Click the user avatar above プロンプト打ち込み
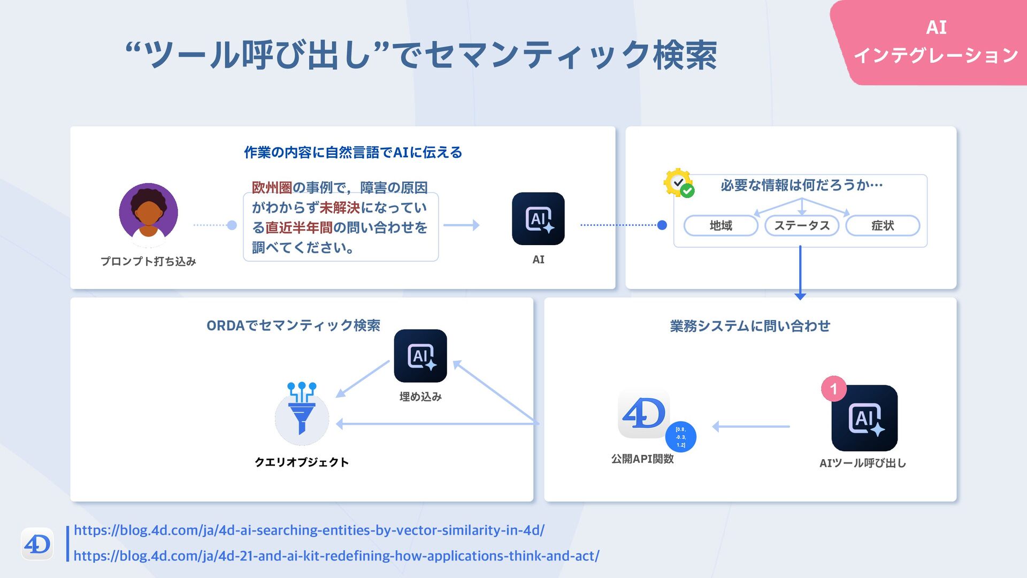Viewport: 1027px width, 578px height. tap(148, 212)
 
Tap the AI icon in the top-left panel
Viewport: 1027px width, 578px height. tap(538, 219)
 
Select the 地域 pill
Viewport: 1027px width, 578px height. tap(721, 226)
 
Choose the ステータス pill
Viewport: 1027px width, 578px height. tap(801, 226)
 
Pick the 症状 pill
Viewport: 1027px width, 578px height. tap(883, 226)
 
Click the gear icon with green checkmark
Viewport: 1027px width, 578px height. tap(678, 183)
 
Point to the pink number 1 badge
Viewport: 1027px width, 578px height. tap(833, 389)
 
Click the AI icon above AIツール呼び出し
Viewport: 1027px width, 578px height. tap(864, 418)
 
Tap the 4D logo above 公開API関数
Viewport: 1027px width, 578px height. tap(644, 414)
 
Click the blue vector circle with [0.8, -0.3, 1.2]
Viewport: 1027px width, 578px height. tap(680, 437)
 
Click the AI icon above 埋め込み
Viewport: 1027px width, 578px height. tap(420, 356)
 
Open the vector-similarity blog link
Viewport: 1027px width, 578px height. tap(309, 530)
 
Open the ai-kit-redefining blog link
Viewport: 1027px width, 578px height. tap(336, 556)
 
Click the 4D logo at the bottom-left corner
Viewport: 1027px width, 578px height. tap(37, 544)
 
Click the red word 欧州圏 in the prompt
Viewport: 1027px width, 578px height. tap(272, 188)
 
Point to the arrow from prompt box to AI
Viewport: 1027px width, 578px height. tap(461, 225)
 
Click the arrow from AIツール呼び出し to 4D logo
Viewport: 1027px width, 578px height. tap(751, 427)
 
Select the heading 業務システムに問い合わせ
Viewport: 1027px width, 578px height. tap(750, 326)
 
